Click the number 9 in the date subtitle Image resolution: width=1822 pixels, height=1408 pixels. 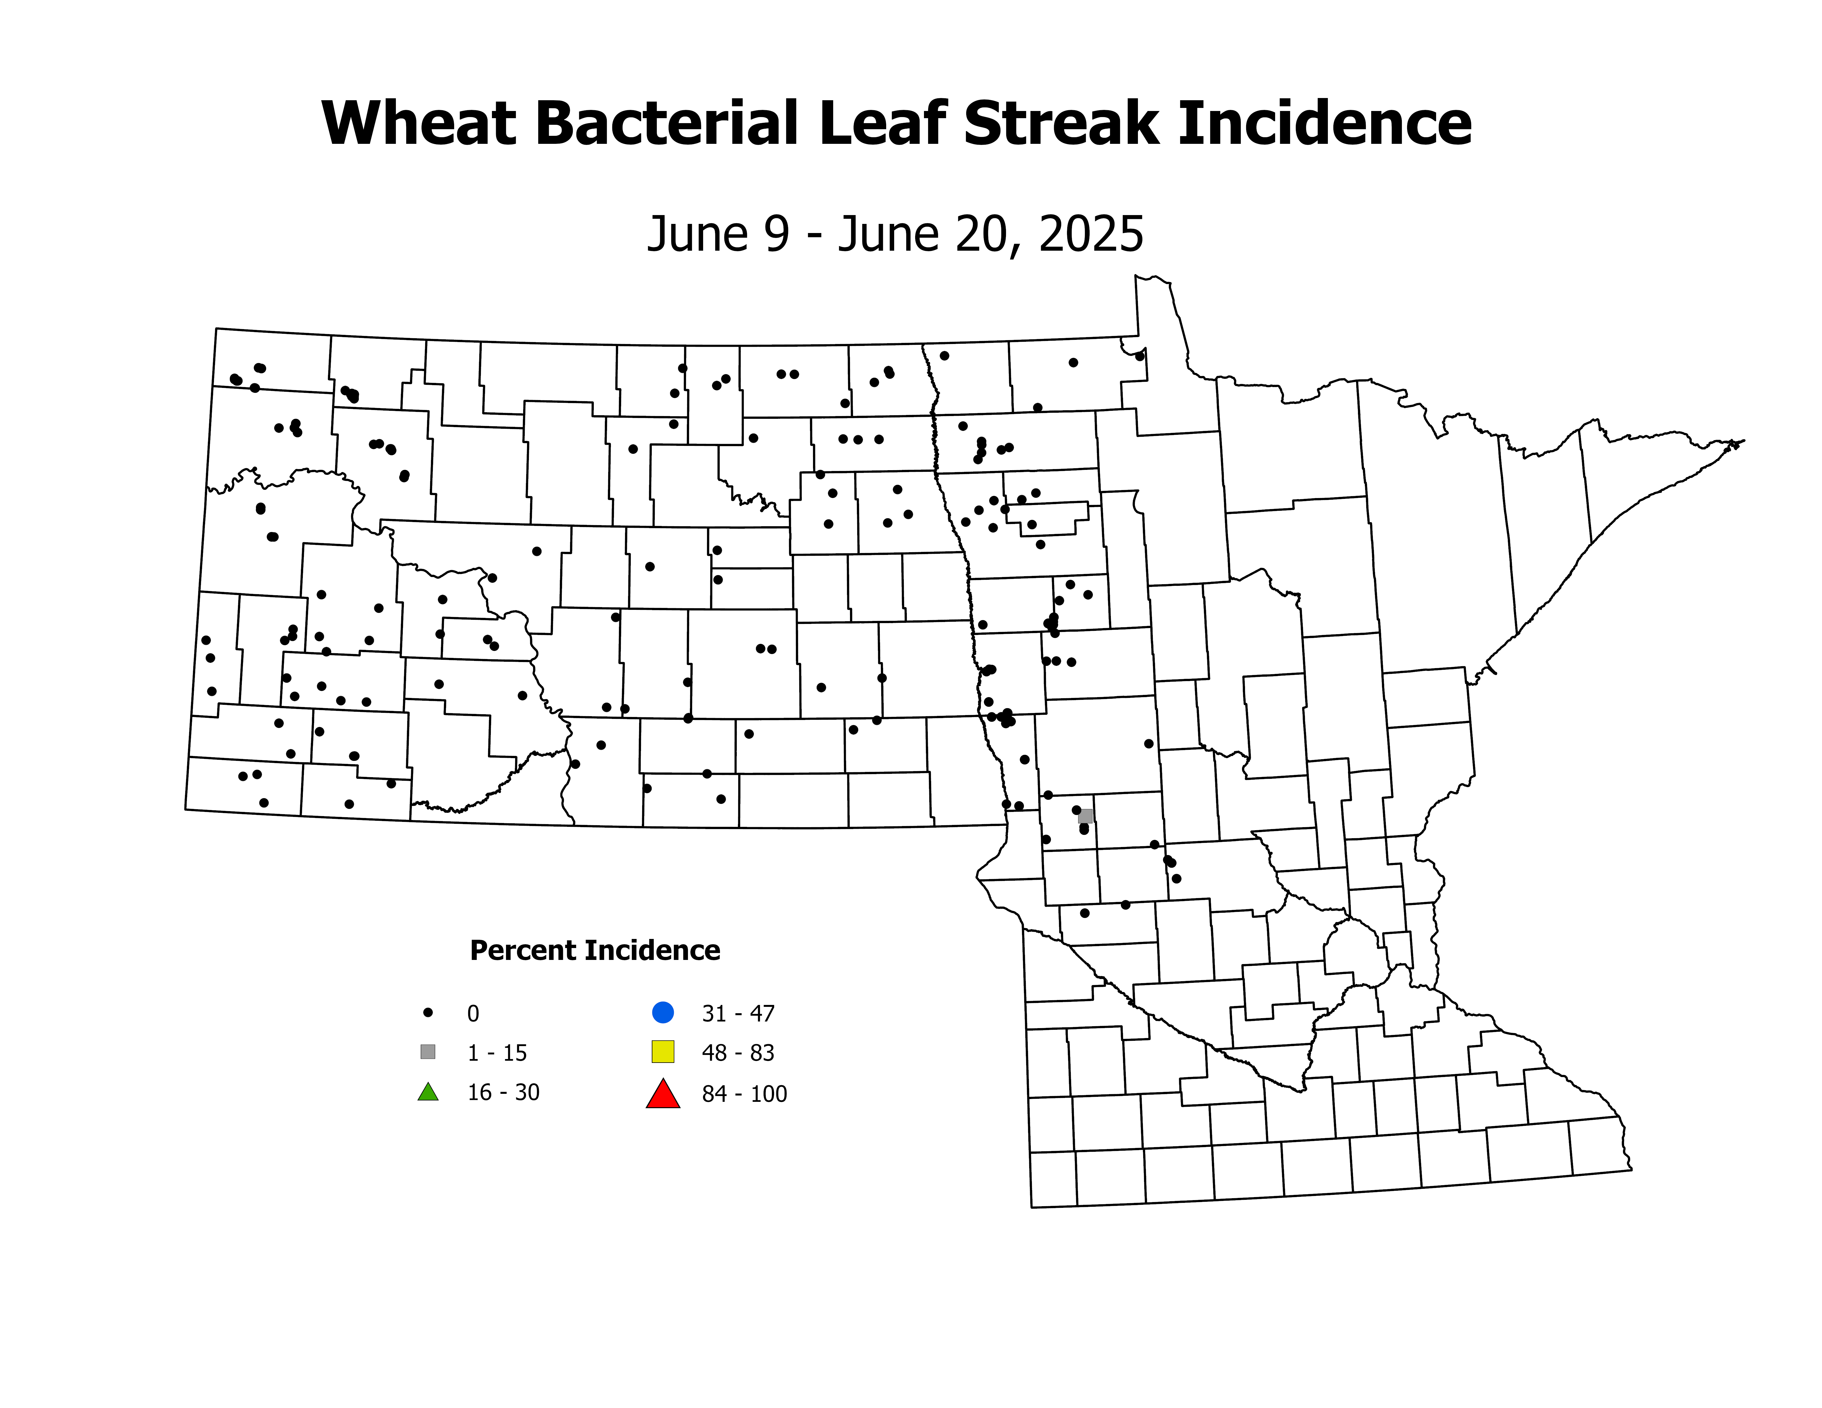click(777, 234)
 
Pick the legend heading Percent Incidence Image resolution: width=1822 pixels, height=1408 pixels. click(595, 950)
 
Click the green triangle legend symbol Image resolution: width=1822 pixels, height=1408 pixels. click(428, 1092)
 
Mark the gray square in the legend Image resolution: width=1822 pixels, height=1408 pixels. click(428, 1052)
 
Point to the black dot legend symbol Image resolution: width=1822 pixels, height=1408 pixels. click(428, 1013)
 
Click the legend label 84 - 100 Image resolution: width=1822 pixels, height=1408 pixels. click(744, 1094)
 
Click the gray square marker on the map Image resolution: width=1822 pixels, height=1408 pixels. click(1085, 816)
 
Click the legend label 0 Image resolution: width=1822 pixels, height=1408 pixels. click(473, 1013)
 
